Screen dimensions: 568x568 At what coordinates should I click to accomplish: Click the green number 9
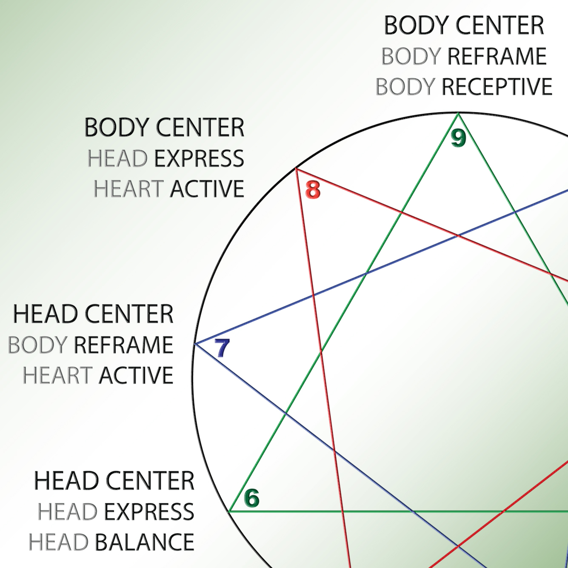coord(459,138)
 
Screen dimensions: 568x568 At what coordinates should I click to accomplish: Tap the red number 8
coord(313,190)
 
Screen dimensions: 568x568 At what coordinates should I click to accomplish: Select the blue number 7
coord(222,348)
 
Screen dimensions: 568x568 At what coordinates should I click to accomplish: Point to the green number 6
coord(252,498)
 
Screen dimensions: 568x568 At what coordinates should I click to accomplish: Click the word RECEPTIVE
coord(497,87)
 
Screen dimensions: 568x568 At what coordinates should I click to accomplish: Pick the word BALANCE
coord(144,542)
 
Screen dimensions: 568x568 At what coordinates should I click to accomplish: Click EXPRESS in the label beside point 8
coord(199,159)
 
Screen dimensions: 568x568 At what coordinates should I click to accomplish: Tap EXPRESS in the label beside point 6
coord(149,512)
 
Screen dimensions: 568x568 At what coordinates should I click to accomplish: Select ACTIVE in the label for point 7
coord(136,376)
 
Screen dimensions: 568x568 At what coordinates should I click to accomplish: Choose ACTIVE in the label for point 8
coord(207,189)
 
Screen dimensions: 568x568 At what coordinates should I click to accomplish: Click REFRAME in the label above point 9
coord(497,57)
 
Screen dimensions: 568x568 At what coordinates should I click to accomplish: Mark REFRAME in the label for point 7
coord(123,345)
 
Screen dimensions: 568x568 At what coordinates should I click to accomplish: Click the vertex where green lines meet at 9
coord(458,113)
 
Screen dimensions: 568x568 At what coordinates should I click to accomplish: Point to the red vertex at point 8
coord(296,169)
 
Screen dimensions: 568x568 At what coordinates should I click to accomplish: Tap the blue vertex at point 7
coord(195,343)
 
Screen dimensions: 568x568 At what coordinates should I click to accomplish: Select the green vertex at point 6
coord(230,511)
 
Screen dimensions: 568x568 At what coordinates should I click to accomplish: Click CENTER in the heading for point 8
coord(200,127)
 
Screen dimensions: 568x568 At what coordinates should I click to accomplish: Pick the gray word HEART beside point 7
coord(57,376)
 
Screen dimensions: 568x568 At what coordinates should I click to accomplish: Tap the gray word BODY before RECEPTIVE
coord(405,87)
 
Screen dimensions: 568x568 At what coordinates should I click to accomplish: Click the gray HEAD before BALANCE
coord(59,542)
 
